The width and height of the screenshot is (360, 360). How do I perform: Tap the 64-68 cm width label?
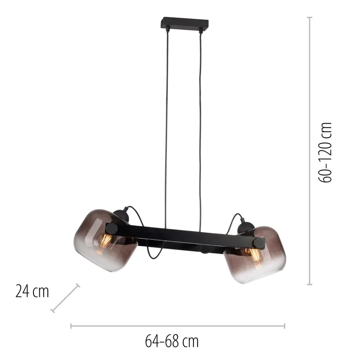click(171, 340)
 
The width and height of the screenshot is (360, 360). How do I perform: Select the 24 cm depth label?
click(32, 291)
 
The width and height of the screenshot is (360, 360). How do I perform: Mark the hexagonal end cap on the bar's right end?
click(258, 243)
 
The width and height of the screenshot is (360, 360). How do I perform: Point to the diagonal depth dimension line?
click(65, 298)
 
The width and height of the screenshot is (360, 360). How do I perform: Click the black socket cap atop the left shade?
click(122, 215)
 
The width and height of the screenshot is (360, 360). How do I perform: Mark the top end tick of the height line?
click(310, 17)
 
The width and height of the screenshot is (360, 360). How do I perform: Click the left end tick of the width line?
click(71, 326)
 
